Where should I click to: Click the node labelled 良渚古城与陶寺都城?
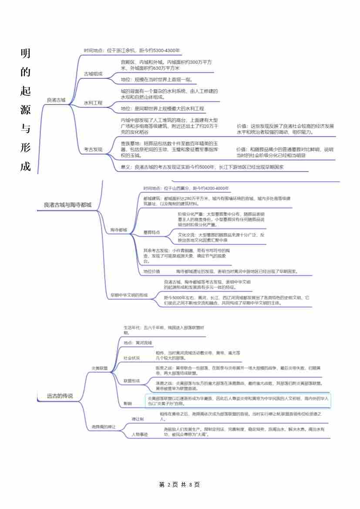[67, 205]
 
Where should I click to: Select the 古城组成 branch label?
[93, 74]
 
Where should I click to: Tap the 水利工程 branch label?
[93, 103]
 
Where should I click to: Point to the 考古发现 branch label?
[93, 149]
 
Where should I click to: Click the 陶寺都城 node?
[118, 229]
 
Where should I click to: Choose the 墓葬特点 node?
[151, 233]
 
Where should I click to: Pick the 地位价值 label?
[151, 271]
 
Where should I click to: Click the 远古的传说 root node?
[60, 396]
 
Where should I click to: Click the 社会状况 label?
[131, 358]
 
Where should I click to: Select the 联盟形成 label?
[131, 381]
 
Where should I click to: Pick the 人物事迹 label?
[140, 435]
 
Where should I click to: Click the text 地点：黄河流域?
[135, 343]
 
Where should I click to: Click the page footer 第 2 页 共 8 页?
[180, 485]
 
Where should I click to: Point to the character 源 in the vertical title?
[25, 110]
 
